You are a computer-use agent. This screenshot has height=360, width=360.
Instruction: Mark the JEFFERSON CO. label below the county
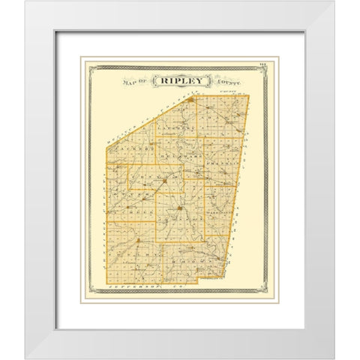pos(135,287)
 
